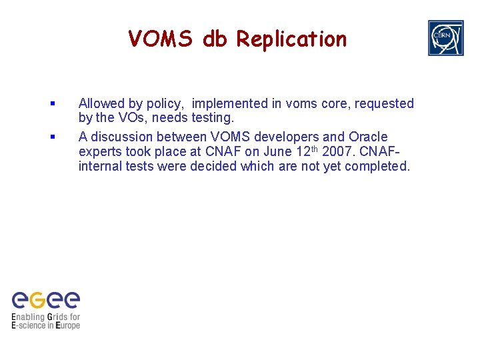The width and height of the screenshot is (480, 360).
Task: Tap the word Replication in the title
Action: (x=291, y=40)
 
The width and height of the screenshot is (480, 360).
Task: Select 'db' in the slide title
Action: (x=215, y=39)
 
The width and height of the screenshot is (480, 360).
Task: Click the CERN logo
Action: (x=445, y=38)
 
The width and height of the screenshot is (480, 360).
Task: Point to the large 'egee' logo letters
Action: (x=46, y=299)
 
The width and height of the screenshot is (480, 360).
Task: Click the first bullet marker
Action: (x=52, y=104)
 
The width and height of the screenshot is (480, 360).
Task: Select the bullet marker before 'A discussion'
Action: (x=52, y=137)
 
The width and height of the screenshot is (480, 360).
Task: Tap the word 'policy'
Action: (x=165, y=104)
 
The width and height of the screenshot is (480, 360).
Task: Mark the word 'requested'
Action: (x=384, y=104)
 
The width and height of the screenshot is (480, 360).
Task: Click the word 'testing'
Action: (x=212, y=118)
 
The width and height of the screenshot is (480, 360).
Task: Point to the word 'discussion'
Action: (x=121, y=137)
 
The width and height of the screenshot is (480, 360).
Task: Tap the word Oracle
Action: (x=368, y=137)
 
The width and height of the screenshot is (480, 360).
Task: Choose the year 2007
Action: (x=337, y=151)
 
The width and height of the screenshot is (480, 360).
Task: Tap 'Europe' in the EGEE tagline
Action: (x=67, y=325)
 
